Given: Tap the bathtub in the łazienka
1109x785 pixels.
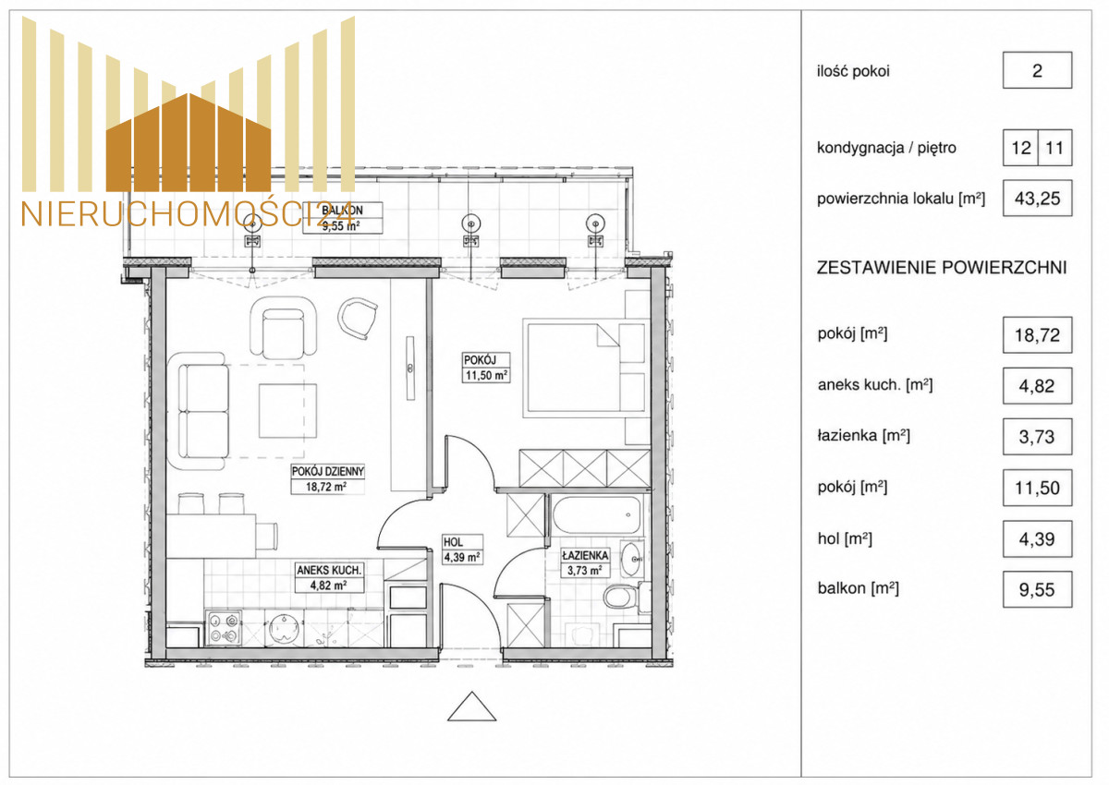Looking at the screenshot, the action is tap(596, 514).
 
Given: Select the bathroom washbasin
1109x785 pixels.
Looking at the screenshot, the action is tap(631, 559).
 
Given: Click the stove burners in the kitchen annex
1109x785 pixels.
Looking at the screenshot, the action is tap(224, 628).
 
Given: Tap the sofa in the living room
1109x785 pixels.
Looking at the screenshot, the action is tap(198, 411).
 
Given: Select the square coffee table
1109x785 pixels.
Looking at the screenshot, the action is tap(287, 411).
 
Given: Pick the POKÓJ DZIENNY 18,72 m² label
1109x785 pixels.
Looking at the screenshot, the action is tap(328, 478).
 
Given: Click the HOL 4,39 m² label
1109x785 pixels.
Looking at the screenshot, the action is tap(462, 549).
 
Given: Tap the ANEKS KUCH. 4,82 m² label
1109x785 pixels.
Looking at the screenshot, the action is tap(329, 577).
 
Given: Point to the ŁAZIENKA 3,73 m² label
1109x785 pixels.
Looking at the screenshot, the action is tap(585, 563).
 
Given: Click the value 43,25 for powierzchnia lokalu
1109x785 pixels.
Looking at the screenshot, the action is tap(1037, 199).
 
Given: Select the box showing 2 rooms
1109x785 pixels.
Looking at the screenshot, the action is tap(1037, 70).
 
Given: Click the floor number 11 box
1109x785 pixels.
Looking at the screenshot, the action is tap(1054, 148).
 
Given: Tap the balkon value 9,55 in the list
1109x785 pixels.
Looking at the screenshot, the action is tap(1037, 589).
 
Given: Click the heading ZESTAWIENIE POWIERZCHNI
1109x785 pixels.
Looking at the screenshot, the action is tap(941, 268).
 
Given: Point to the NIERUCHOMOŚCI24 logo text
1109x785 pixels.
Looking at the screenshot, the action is tap(189, 214).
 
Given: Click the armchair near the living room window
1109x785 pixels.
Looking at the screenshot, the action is tap(283, 328).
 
